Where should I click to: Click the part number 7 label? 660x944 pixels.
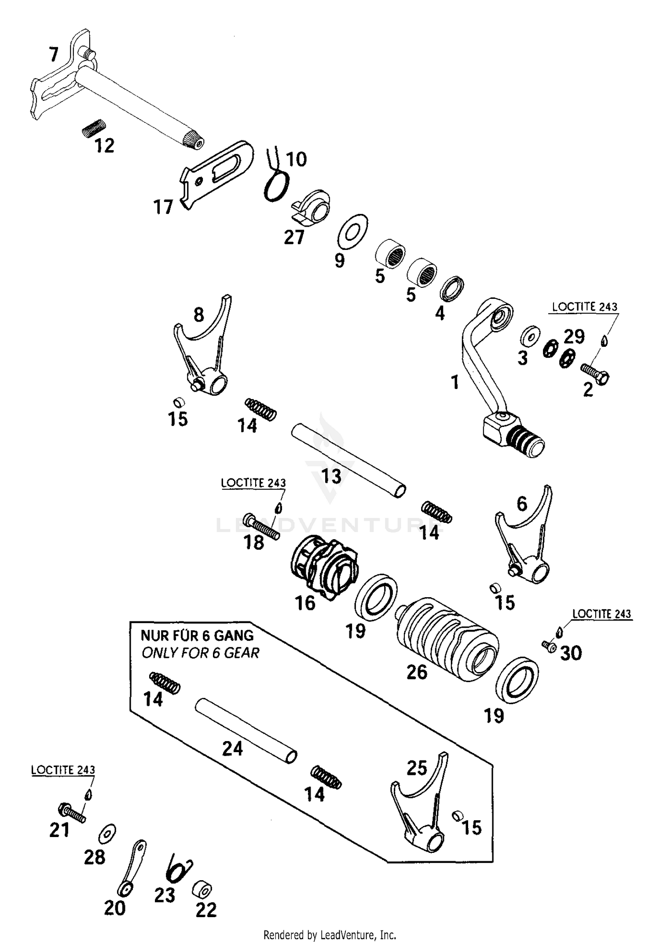coord(53,55)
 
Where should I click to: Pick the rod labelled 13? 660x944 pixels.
coord(348,460)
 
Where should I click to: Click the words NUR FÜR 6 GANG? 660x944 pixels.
coord(197,635)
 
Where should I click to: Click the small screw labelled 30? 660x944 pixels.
coord(548,646)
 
